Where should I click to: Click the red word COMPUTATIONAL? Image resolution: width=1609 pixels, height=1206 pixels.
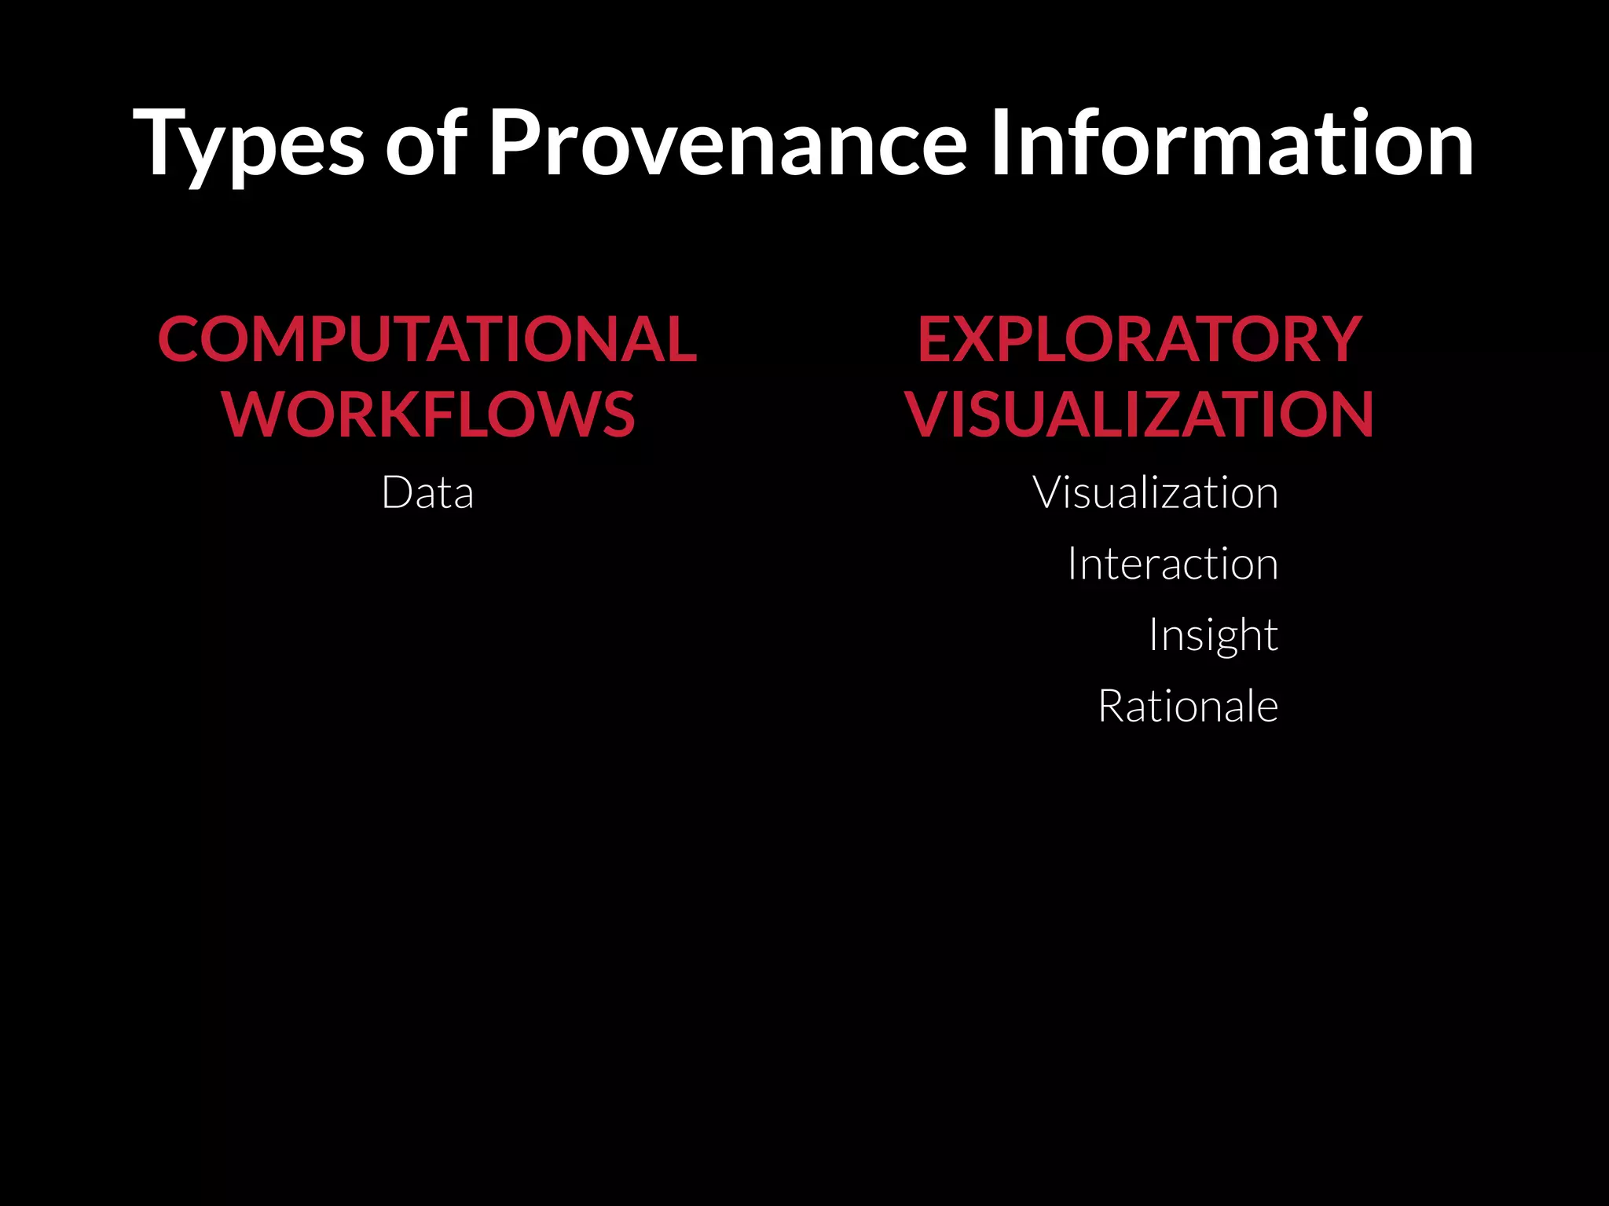(x=427, y=339)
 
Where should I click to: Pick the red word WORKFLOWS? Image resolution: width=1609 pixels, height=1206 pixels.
(x=429, y=415)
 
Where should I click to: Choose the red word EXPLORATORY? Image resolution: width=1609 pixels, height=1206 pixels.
(x=1139, y=339)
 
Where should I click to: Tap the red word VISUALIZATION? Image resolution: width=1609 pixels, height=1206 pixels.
(x=1139, y=415)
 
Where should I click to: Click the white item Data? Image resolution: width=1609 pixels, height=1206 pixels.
(x=427, y=493)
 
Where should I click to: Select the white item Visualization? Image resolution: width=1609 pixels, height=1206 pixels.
(x=1155, y=493)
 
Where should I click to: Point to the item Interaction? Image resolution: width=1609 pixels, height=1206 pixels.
(x=1172, y=564)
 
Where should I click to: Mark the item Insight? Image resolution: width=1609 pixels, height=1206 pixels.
(x=1213, y=634)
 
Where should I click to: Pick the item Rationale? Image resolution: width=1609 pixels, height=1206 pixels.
(x=1188, y=706)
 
